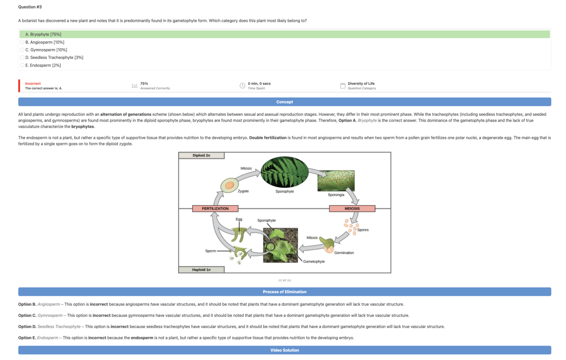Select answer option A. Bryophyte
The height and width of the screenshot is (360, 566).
pos(43,34)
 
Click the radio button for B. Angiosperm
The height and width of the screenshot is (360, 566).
pos(22,42)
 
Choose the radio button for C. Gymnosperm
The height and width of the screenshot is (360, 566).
pos(22,50)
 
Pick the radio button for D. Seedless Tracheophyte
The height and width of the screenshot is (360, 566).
pos(22,57)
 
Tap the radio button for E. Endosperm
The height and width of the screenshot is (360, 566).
pos(22,65)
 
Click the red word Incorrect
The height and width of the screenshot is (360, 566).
pos(33,84)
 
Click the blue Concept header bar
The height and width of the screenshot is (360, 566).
pos(284,102)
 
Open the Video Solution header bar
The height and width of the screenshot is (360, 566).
pos(284,350)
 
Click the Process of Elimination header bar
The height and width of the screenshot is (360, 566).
pos(284,292)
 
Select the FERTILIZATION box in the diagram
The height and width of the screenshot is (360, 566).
pos(215,208)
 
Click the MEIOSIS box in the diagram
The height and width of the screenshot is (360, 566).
pos(352,208)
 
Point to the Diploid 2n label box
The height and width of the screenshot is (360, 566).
pos(201,155)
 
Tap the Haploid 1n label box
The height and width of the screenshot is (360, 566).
pos(201,270)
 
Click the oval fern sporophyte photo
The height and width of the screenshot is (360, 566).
pos(284,172)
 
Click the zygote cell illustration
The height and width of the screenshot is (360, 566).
pos(229,186)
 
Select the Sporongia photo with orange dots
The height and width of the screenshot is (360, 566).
pos(336,181)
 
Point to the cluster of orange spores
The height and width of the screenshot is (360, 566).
pos(351,226)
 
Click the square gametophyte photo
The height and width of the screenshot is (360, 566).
pos(280,245)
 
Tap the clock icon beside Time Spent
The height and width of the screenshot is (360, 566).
pos(242,86)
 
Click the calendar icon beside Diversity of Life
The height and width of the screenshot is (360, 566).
pos(342,86)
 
